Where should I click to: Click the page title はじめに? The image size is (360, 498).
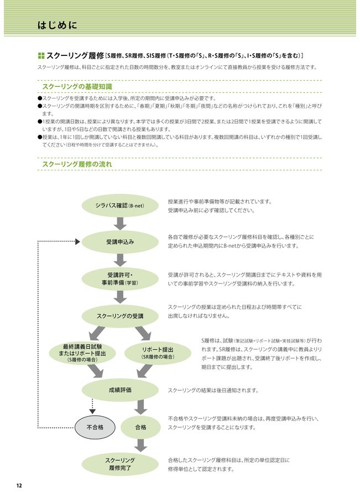[x=57, y=25]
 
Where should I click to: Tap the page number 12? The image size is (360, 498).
[x=19, y=486]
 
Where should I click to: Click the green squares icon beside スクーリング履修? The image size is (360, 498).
[x=41, y=56]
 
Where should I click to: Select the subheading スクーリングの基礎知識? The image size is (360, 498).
[x=77, y=87]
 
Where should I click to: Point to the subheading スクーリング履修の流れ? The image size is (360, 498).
[x=77, y=164]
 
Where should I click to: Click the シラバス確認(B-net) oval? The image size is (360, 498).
[x=120, y=205]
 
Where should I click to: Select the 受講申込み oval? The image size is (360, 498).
[x=120, y=242]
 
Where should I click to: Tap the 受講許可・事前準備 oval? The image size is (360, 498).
[x=120, y=278]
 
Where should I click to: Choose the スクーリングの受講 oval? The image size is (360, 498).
[x=120, y=316]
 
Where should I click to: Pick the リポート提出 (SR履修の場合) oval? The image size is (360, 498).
[x=158, y=353]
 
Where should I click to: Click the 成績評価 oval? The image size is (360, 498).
[x=120, y=390]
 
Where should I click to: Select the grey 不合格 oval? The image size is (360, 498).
[x=95, y=427]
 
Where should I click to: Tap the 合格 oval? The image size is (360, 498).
[x=141, y=427]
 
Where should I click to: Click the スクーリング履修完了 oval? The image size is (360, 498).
[x=120, y=464]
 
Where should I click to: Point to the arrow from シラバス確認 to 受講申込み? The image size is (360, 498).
[x=120, y=224]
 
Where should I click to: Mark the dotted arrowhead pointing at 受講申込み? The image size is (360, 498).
[x=77, y=242]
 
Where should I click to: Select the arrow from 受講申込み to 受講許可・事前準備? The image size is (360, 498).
[x=120, y=260]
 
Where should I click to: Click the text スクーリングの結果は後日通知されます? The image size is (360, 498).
[x=213, y=390]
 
